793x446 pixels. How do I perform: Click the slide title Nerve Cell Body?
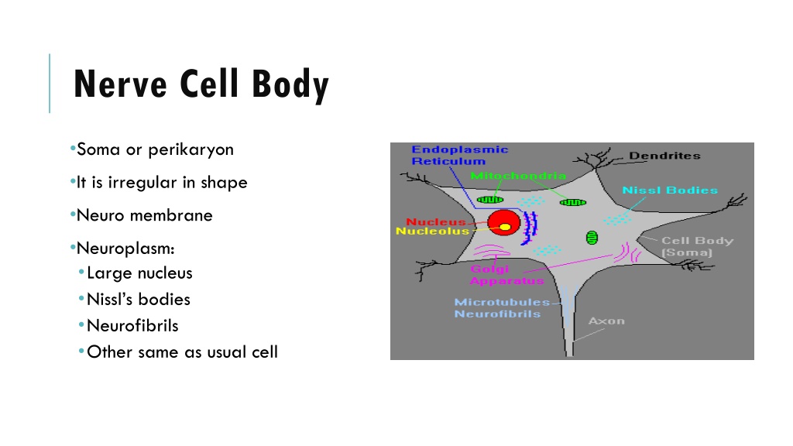click(201, 84)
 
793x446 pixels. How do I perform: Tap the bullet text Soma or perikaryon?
click(155, 149)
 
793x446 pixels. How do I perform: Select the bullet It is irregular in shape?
click(162, 183)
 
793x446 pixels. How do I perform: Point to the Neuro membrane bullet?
click(145, 215)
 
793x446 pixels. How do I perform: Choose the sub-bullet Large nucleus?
click(139, 273)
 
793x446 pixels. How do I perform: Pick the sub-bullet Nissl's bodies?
click(139, 300)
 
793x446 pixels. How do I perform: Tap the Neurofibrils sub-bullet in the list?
click(132, 326)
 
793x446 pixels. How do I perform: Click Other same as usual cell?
click(183, 352)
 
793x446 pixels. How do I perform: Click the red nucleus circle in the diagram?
click(503, 223)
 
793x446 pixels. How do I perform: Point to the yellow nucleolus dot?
click(505, 227)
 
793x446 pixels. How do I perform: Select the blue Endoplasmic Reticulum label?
click(460, 155)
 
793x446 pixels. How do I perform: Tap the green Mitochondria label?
click(518, 176)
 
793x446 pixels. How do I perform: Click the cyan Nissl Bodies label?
click(670, 190)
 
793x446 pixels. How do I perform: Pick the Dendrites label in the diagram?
click(664, 156)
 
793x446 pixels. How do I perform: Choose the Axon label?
click(606, 321)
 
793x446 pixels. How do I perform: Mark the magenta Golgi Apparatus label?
click(506, 275)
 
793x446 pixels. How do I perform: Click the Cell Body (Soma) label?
click(698, 246)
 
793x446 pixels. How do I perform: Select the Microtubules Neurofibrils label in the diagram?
click(502, 308)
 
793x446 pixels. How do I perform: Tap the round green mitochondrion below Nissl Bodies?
click(592, 237)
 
